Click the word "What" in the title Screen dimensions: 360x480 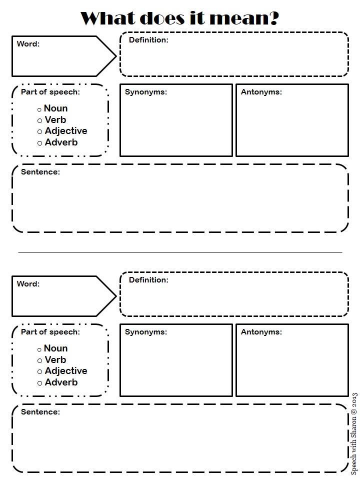(x=107, y=18)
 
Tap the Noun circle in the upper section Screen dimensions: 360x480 (x=39, y=109)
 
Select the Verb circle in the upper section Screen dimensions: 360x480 (x=39, y=120)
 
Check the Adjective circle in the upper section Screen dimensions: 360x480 (x=39, y=132)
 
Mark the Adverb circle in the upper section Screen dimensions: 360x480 (x=39, y=143)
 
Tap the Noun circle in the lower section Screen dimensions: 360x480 (x=39, y=349)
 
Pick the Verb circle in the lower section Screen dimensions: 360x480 (x=39, y=360)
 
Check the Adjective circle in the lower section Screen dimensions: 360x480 (x=39, y=372)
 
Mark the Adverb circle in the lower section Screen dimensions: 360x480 (x=39, y=383)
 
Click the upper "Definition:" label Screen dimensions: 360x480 (x=148, y=40)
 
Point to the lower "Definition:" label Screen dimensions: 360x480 (x=148, y=280)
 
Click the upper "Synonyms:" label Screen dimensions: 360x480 (x=145, y=92)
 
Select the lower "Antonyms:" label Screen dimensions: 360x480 (x=261, y=332)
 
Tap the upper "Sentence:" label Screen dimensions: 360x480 (x=40, y=172)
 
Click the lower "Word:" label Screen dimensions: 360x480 (x=28, y=284)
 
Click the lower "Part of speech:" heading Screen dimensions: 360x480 (x=50, y=332)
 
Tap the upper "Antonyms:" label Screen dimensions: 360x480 (x=261, y=92)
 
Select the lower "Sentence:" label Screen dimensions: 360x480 (x=40, y=412)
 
